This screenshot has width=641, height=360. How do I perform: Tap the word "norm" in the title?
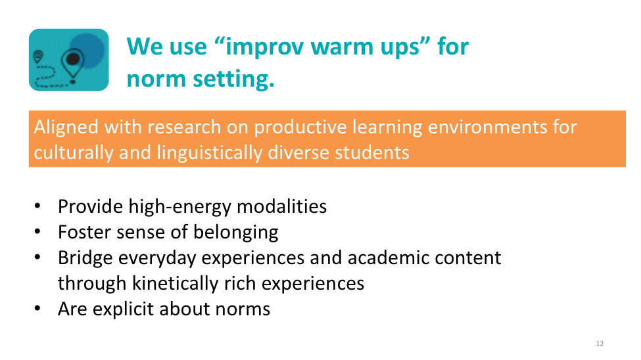tap(156, 79)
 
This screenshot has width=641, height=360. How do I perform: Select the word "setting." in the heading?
tap(234, 79)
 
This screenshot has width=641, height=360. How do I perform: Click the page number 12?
tap(600, 344)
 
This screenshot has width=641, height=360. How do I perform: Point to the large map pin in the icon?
tap(73, 65)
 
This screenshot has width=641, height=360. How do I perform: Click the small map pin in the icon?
tap(38, 56)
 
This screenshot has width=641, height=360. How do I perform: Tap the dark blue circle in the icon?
tap(87, 51)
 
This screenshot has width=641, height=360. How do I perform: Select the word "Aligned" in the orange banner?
tap(66, 127)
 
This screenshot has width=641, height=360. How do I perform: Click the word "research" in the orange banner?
tap(184, 127)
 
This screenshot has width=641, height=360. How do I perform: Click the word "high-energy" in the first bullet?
tap(180, 207)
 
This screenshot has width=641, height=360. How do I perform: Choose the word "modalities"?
tap(281, 206)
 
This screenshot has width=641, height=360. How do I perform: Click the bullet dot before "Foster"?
tap(37, 232)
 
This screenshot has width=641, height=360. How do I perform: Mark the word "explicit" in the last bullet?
tap(123, 309)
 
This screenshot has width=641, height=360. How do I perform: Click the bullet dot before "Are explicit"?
tap(37, 309)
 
